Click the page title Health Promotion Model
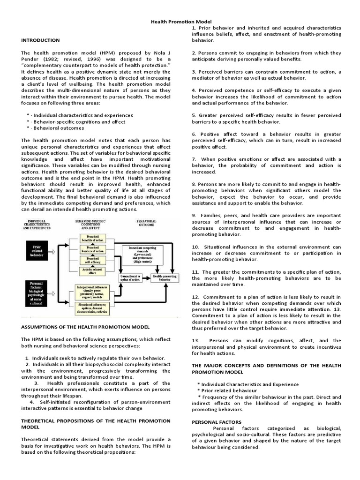pos(180,22)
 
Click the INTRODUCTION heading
pos(40,40)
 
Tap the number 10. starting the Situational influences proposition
pos(195,247)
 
